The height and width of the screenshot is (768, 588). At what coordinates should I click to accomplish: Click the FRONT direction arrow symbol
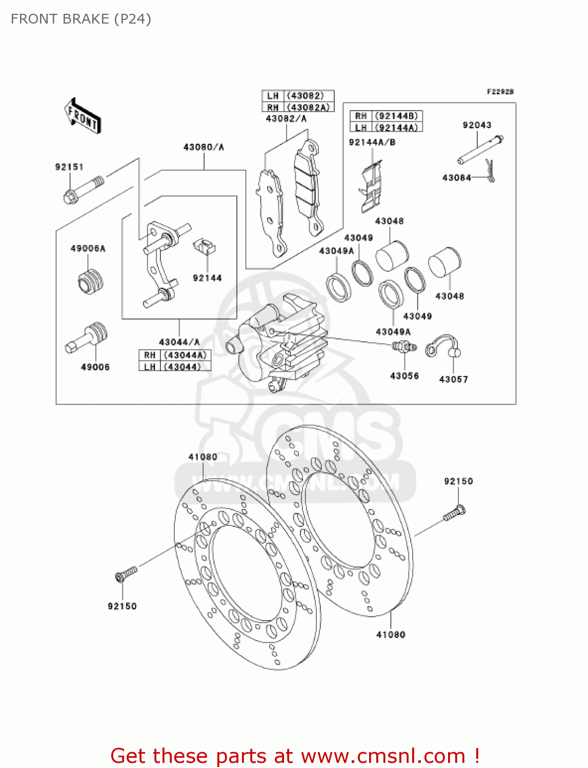pos(82,116)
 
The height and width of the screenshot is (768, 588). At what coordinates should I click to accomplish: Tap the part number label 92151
pos(69,167)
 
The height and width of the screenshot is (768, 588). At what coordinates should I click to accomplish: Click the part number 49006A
pos(88,248)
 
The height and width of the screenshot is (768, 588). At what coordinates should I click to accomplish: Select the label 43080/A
pos(204,147)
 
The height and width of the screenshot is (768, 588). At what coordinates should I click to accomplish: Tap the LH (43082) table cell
pos(298,96)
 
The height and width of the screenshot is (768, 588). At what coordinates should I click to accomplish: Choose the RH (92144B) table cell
pos(386,116)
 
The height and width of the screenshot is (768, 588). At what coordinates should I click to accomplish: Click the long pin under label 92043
pos(480,150)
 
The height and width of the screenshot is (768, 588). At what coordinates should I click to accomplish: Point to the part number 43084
pos(456,178)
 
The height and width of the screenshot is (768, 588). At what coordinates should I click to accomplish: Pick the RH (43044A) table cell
pos(175,355)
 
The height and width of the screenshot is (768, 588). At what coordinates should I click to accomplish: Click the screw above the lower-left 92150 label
pos(126,573)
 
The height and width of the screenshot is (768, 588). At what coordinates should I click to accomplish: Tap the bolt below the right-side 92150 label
pos(455,513)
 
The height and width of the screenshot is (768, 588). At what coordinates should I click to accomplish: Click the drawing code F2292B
pos(500,92)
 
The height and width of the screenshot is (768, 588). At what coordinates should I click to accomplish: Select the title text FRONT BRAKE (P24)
pos(81,19)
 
